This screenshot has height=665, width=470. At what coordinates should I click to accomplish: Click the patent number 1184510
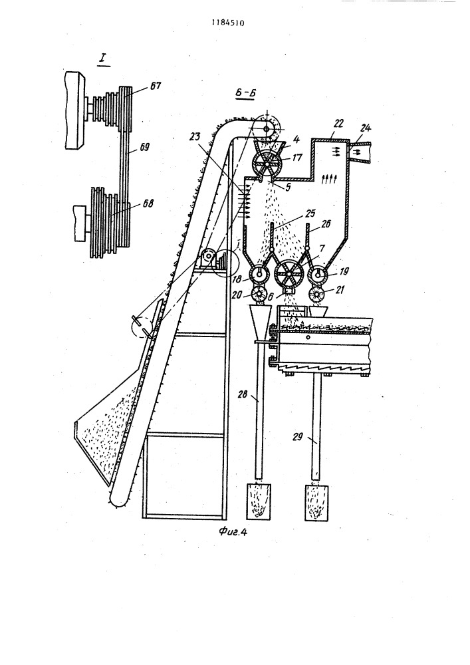tap(227, 23)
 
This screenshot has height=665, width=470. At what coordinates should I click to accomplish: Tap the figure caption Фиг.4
tap(233, 532)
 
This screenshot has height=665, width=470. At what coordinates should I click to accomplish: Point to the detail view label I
tap(102, 60)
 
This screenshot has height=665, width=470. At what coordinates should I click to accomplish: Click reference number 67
tap(155, 86)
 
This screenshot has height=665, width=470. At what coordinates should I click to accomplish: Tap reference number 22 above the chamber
tap(338, 124)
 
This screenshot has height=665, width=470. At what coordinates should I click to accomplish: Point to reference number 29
tap(298, 437)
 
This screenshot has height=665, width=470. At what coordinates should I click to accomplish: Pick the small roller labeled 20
tap(259, 293)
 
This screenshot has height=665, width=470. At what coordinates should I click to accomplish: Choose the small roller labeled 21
tap(317, 294)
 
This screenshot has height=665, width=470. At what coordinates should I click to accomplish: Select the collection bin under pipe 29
tap(316, 502)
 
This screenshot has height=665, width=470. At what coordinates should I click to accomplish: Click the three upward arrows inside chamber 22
tap(330, 178)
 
